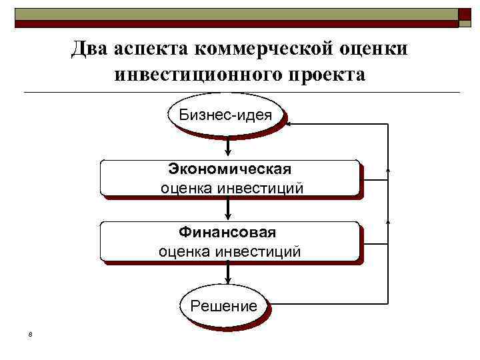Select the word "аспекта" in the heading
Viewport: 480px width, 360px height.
tap(151, 48)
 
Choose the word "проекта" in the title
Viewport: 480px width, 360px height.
tap(327, 74)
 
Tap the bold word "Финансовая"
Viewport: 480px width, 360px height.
tap(227, 233)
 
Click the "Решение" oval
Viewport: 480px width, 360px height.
tap(223, 306)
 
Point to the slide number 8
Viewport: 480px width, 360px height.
tap(31, 334)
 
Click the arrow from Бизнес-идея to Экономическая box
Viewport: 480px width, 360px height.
tap(229, 147)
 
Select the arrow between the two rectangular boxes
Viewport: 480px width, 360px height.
tap(229, 209)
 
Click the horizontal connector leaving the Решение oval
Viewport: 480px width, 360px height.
tap(327, 303)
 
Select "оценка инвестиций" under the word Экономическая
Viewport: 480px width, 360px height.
tap(231, 188)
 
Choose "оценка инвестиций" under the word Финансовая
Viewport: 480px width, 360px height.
tap(229, 252)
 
